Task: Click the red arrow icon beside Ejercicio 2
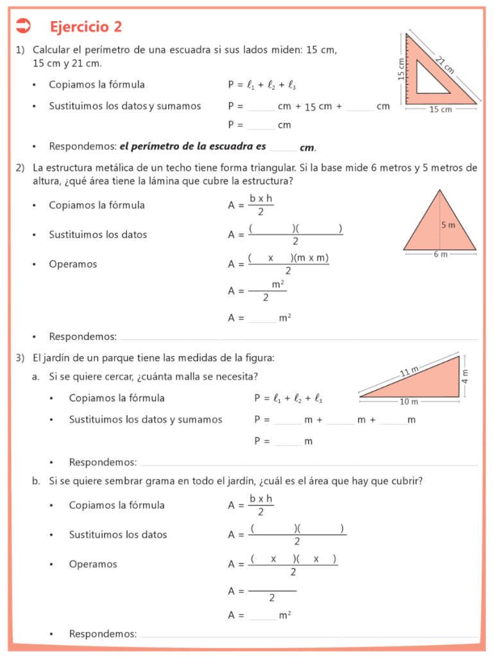coord(23,26)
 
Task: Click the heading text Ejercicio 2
coord(85,26)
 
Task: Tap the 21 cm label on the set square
coord(445,65)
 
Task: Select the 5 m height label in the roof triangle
coord(448,225)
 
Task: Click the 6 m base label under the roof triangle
coord(440,255)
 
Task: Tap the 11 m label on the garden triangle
coord(409,371)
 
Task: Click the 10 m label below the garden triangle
coord(409,402)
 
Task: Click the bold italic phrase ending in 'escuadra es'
coord(192,146)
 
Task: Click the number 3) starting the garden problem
coord(21,357)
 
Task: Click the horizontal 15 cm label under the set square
coord(440,110)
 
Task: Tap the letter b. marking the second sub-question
coord(37,481)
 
